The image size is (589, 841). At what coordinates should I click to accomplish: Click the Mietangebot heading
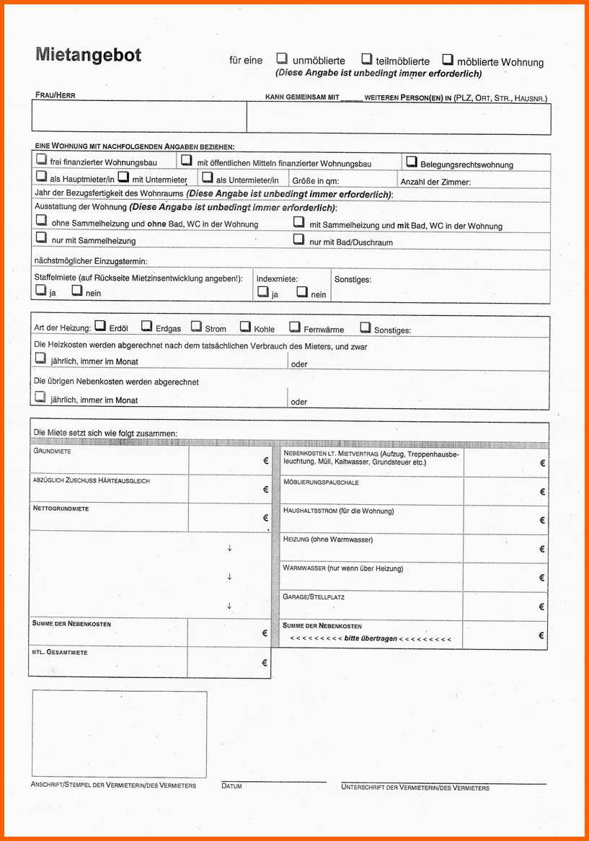click(88, 55)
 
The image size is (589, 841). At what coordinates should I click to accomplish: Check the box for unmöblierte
click(282, 59)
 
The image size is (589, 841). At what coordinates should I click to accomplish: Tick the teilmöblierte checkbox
click(366, 59)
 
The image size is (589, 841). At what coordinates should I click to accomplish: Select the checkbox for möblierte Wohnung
click(448, 59)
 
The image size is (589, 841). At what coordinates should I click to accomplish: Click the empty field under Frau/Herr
click(138, 118)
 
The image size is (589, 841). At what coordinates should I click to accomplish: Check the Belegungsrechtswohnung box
click(412, 162)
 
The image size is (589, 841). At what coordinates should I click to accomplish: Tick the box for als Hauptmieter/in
click(41, 177)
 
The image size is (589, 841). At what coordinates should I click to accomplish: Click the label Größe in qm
click(315, 181)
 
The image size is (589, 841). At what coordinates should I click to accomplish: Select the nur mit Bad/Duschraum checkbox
click(298, 239)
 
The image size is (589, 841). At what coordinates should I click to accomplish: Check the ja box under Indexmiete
click(263, 292)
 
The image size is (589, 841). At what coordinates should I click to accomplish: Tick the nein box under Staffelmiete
click(76, 291)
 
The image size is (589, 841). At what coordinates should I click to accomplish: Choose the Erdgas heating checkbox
click(146, 326)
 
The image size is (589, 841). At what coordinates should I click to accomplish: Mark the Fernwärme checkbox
click(294, 327)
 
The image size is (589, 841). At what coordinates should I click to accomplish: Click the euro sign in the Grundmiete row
click(265, 462)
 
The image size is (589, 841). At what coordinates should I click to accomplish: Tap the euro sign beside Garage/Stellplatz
click(541, 607)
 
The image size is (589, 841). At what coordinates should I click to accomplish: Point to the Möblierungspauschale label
click(321, 482)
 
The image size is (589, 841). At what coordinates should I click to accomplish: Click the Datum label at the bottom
click(231, 785)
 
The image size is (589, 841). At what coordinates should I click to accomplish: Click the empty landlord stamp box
click(119, 734)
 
